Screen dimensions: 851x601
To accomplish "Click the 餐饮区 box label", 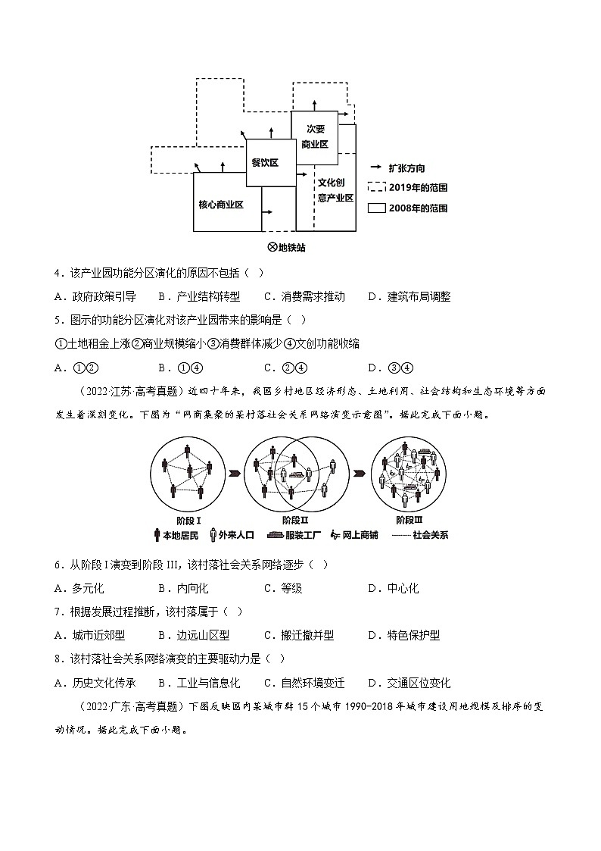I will point(266,163).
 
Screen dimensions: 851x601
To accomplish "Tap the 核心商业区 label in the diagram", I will point(220,205).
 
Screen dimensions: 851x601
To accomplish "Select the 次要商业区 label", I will point(314,136).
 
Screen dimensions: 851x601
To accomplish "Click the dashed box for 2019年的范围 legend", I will point(376,186).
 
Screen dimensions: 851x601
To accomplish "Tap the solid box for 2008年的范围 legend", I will point(376,207).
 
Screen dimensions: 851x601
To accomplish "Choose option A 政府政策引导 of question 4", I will point(95,296).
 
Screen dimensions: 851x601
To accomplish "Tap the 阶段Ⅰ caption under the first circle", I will point(188,521).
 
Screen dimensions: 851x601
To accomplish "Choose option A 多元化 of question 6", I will point(80,588).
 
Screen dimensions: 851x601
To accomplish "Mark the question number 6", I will point(58,565).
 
